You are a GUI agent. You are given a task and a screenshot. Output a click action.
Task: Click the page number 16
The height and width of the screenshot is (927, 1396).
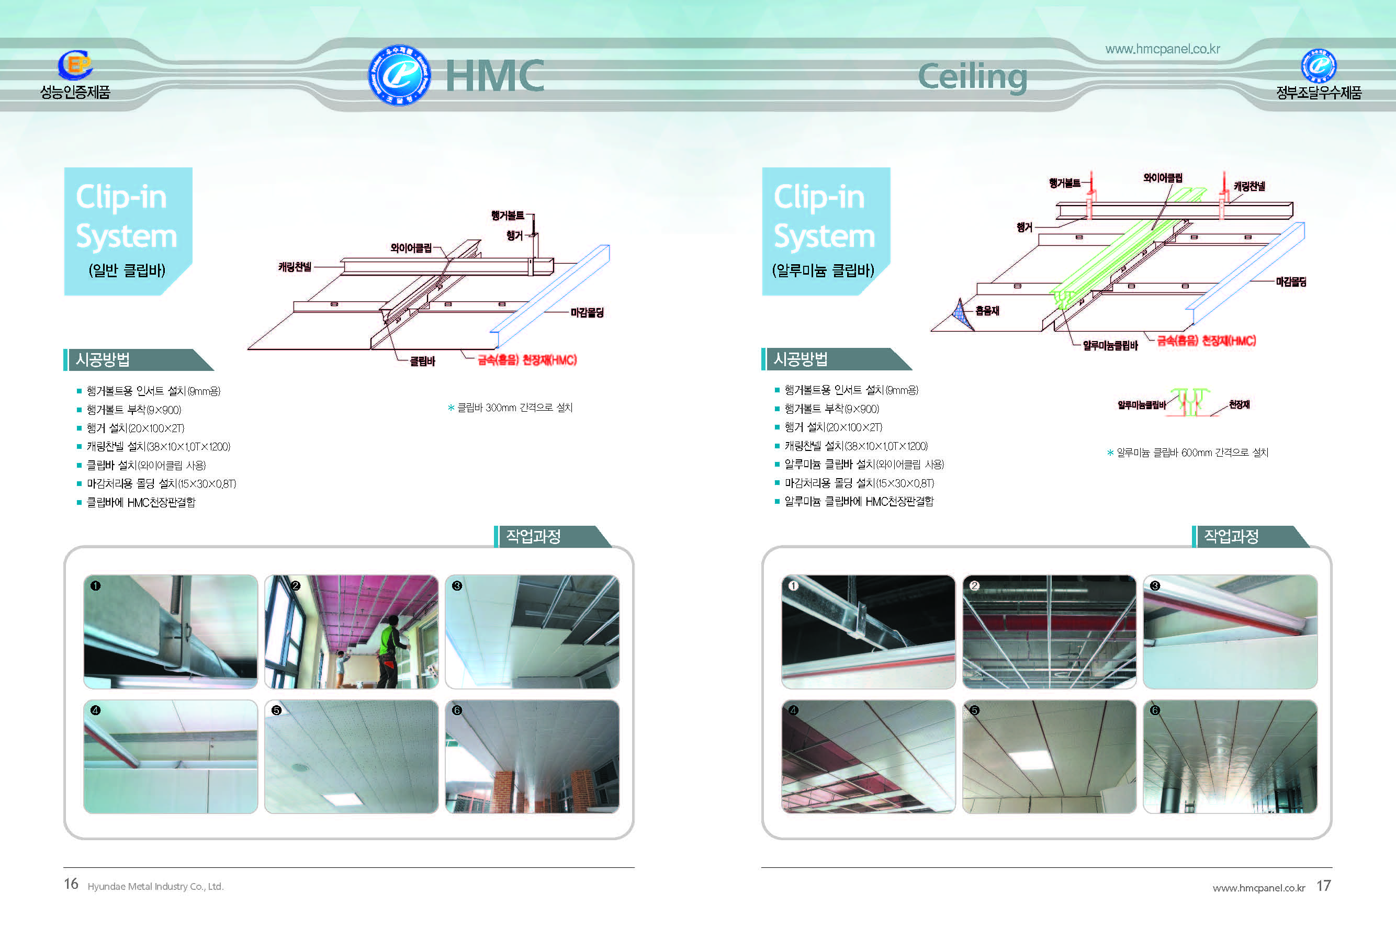[x=71, y=884]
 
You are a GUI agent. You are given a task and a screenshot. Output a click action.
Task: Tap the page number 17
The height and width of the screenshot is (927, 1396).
[x=1323, y=886]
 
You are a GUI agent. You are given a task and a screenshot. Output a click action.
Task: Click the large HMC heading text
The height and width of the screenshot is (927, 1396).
[x=494, y=76]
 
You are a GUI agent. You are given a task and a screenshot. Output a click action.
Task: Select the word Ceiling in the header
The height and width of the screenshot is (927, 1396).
[x=973, y=77]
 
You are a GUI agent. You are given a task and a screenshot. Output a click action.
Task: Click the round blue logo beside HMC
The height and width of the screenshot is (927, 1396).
[x=399, y=75]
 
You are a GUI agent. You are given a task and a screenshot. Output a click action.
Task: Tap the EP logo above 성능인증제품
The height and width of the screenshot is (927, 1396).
[x=75, y=64]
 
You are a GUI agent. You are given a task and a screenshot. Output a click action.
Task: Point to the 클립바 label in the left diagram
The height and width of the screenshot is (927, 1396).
[x=422, y=361]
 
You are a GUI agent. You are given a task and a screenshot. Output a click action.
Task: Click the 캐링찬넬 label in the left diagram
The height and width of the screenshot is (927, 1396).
[x=295, y=267]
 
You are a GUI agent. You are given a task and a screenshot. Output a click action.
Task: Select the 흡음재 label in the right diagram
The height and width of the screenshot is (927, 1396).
[x=987, y=310]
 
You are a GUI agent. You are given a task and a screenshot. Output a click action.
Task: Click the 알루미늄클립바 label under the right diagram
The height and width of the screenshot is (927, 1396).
[x=1110, y=345]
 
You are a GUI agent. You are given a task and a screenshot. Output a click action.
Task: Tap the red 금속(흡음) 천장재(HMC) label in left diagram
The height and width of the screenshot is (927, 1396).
[x=527, y=360]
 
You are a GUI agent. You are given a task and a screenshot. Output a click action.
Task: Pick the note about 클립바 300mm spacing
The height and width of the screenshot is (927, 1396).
[x=510, y=408]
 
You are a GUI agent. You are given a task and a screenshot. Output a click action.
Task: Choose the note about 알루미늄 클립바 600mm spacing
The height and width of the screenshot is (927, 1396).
[x=1188, y=453]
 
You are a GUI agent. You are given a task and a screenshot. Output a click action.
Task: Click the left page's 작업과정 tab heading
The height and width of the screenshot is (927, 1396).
[x=533, y=536]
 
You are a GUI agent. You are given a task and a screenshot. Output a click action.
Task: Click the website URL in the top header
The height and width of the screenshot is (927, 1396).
[x=1163, y=49]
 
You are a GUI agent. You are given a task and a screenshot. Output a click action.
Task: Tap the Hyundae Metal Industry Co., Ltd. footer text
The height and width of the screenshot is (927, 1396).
[x=155, y=886]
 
